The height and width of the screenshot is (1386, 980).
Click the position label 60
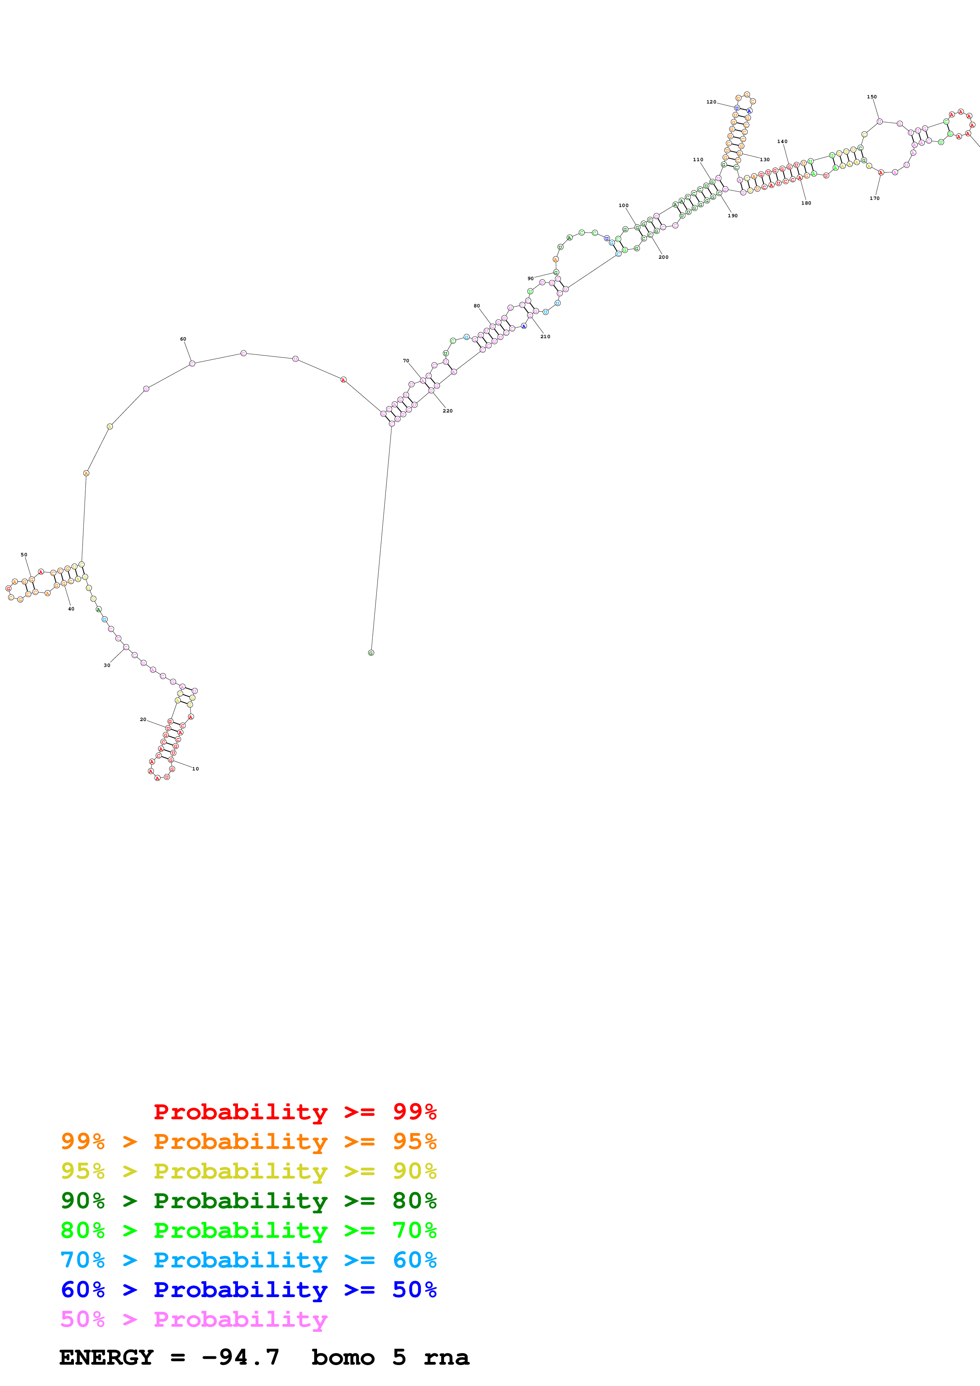coord(183,339)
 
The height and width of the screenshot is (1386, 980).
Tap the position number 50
coord(24,555)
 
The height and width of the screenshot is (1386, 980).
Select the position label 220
coord(448,411)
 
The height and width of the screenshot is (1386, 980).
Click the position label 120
coord(711,102)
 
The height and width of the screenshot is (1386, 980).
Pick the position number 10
coord(195,769)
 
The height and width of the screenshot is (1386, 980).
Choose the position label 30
coord(107,665)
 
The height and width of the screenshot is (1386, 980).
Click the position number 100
coord(623,206)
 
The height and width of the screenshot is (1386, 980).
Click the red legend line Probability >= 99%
coord(295,1112)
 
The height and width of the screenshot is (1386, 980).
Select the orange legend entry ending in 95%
coord(248,1141)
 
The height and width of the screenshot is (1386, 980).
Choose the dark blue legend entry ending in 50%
coord(248,1290)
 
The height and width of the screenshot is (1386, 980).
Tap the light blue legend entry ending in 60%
coord(248,1260)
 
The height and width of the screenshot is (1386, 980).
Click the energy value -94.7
coord(240,1357)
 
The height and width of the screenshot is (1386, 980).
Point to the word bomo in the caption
coord(343,1357)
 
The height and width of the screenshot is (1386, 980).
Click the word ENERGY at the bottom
coord(106,1357)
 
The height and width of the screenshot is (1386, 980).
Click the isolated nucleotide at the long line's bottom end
coord(371,653)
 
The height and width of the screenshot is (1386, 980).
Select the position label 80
coord(476,306)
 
